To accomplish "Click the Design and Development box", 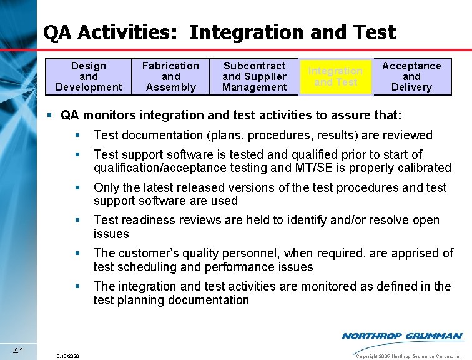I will click(89, 76).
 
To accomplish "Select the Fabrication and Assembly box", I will click(170, 76).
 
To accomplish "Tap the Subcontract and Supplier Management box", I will click(254, 76).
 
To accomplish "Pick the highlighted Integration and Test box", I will click(336, 76).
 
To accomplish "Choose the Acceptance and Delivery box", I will click(411, 76).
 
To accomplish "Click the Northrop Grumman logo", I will click(402, 336).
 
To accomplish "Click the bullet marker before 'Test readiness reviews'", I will click(77, 221).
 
